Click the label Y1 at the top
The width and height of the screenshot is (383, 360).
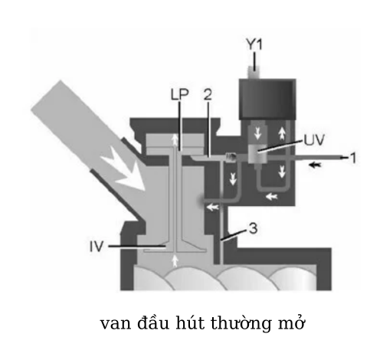click(x=254, y=44)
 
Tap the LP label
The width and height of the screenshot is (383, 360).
click(x=179, y=94)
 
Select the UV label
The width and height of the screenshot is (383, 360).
click(x=314, y=140)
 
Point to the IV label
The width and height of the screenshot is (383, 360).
click(x=97, y=247)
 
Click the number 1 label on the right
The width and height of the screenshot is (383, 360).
click(x=353, y=158)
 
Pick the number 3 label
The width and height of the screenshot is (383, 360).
click(x=253, y=228)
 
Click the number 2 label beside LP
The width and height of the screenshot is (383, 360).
click(x=208, y=94)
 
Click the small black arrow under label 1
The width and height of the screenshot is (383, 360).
click(x=315, y=165)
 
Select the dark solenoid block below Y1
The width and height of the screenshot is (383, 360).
click(x=267, y=99)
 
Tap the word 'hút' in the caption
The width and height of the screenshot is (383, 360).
click(x=190, y=322)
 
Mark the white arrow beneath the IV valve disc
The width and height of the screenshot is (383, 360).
click(x=175, y=260)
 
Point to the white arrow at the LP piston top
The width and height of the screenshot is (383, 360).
click(x=175, y=140)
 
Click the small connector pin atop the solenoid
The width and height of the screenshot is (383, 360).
click(x=254, y=72)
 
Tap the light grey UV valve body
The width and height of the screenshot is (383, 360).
click(x=257, y=152)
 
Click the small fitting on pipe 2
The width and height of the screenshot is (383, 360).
click(x=231, y=157)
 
